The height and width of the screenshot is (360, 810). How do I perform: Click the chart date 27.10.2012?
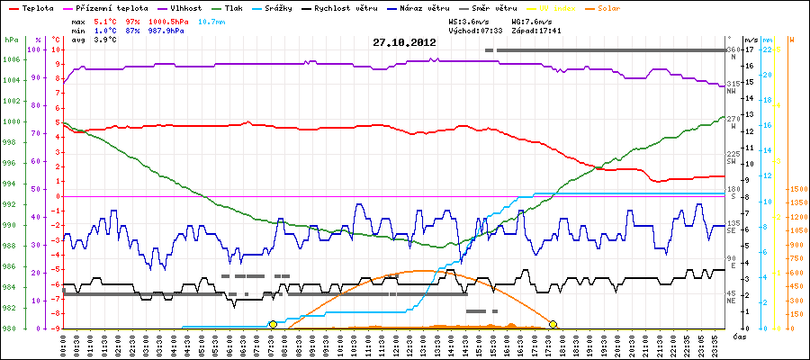tap(404, 41)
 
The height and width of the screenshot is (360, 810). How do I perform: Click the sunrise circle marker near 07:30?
tap(273, 324)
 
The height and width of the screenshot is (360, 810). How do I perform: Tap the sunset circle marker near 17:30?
tap(553, 324)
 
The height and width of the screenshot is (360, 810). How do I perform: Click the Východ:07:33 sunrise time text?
tap(474, 29)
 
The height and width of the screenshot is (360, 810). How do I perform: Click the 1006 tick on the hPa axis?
tap(11, 59)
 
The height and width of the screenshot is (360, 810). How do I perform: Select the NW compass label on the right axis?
tap(733, 91)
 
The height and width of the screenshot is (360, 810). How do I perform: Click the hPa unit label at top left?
tap(10, 40)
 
